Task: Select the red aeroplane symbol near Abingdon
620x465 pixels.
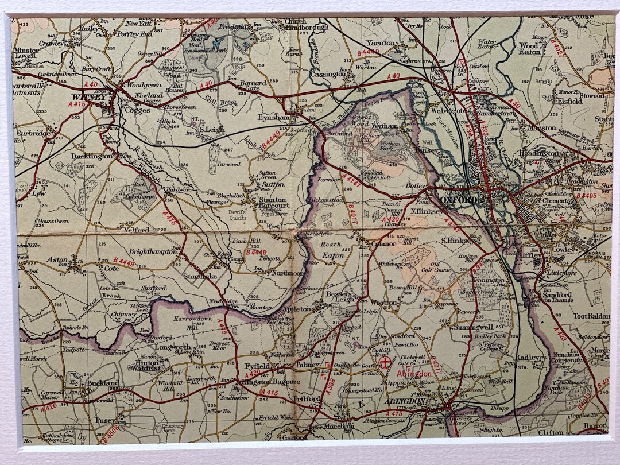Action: click(x=393, y=362)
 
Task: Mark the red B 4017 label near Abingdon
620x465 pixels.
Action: click(x=437, y=367)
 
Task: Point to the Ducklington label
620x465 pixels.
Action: click(x=92, y=156)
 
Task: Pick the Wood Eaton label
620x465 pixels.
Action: click(x=530, y=48)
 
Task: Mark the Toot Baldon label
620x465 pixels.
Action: click(x=590, y=316)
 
